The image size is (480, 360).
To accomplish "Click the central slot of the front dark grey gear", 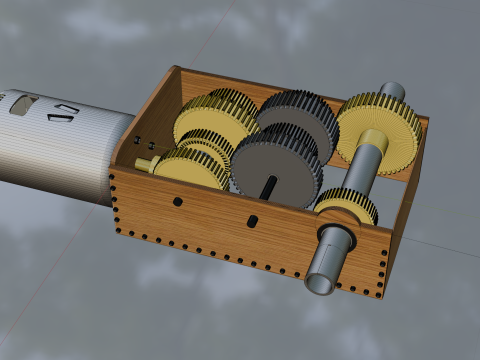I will [x=270, y=182].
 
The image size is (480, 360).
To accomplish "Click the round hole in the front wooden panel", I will [x=177, y=202].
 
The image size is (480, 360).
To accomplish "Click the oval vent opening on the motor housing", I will [x=22, y=102].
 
